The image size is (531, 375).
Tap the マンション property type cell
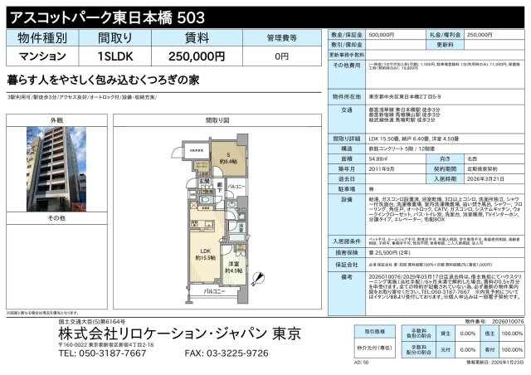pyautogui.click(x=41, y=57)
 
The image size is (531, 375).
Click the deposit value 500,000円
pyautogui.click(x=381, y=36)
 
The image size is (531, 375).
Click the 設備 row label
pyautogui.click(x=347, y=199)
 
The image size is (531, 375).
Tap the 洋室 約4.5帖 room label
pyautogui.click(x=236, y=267)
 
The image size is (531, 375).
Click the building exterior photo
pyautogui.click(x=56, y=166)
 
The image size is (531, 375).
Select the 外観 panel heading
pyautogui.click(x=56, y=121)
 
